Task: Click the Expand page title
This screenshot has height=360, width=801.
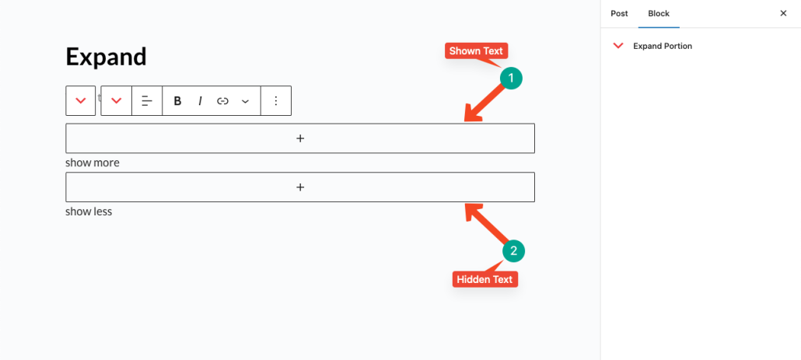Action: point(107,58)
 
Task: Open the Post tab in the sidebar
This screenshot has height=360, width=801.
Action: point(619,14)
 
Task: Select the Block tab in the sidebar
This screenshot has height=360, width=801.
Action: point(659,14)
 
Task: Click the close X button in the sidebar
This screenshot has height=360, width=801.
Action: point(783,13)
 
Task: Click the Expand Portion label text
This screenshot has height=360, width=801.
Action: point(663,46)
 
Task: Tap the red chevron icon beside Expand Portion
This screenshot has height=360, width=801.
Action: point(618,46)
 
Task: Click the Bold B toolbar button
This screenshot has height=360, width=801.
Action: point(177,101)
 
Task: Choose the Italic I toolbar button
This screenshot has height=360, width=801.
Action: point(201,101)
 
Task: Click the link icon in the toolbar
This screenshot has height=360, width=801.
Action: point(222,101)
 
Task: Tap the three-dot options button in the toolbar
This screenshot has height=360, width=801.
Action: point(276,101)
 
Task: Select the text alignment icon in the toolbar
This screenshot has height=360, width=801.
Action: point(147,101)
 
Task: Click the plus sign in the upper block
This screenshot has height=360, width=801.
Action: point(300,138)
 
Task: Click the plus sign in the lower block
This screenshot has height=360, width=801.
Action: point(300,187)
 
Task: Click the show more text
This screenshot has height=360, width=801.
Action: point(93,163)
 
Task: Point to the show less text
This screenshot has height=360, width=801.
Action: point(89,211)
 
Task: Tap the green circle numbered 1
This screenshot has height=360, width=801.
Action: point(511,78)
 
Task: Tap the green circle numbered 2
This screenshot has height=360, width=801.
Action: point(514,250)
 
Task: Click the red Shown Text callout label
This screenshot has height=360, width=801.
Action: point(476,51)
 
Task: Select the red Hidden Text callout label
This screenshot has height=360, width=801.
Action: point(485,279)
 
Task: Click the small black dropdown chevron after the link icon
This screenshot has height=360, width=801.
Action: point(245,102)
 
